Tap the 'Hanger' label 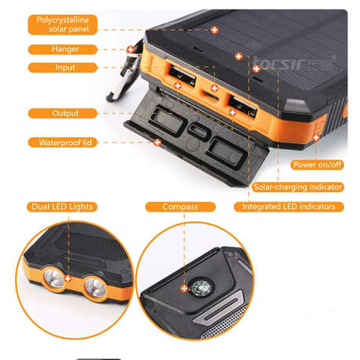tap(64, 49)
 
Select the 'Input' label tap(64, 67)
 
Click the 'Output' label tap(64, 113)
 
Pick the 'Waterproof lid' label tap(64, 143)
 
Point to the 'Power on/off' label tap(316, 165)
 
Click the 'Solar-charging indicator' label tap(298, 187)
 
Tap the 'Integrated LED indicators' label tap(289, 207)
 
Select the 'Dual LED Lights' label tap(62, 207)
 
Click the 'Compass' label tap(180, 207)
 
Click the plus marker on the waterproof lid tap(158, 143)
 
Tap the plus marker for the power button tap(316, 137)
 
